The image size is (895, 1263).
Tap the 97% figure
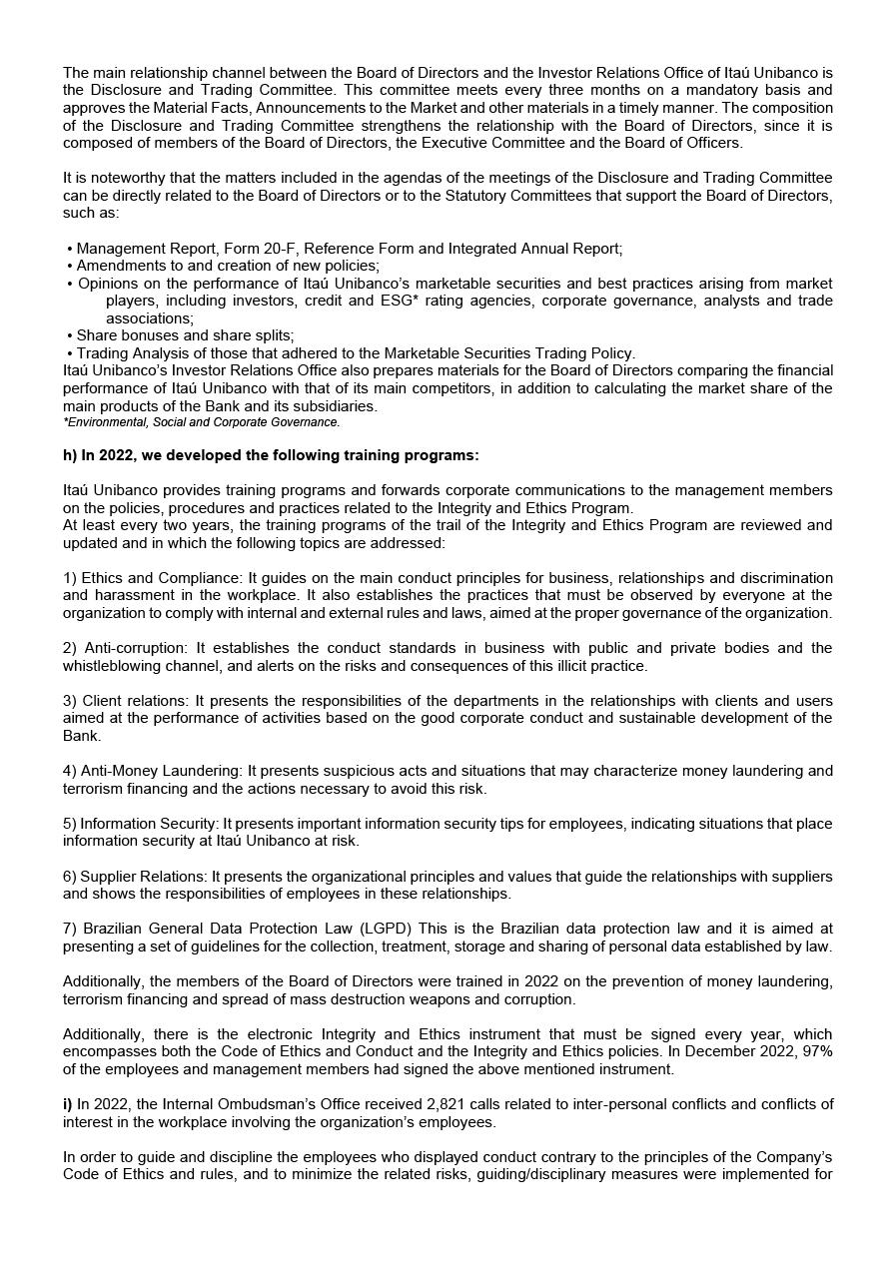click(816, 1051)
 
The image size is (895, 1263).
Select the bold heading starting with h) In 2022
click(271, 455)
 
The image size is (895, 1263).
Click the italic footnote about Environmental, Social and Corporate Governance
click(201, 422)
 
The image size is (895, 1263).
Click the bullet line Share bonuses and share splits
click(185, 335)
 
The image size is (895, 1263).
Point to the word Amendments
click(117, 266)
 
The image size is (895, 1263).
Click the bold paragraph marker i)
click(68, 1104)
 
